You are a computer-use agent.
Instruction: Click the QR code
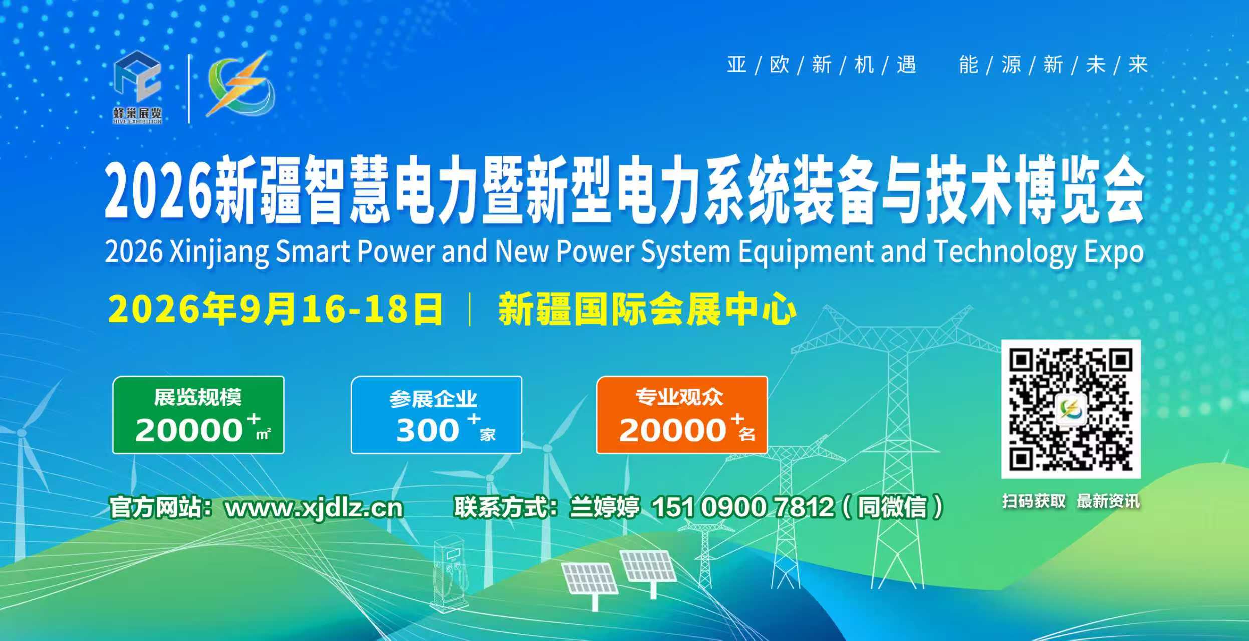[1071, 409]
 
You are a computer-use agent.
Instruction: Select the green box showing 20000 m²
[198, 415]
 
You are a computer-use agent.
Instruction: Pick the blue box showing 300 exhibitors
[436, 415]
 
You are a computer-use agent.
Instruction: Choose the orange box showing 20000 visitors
[682, 415]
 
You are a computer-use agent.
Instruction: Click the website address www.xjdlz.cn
[314, 508]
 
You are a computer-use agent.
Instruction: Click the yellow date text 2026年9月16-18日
[276, 309]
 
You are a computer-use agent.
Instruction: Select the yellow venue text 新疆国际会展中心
[647, 309]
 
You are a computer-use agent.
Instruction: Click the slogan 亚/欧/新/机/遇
[822, 65]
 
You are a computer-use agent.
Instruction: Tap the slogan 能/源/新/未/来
[1054, 65]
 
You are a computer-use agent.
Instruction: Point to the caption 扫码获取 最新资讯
[1071, 501]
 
